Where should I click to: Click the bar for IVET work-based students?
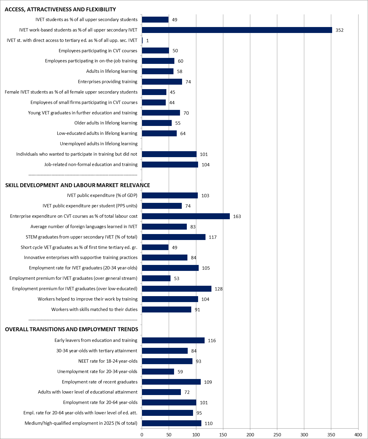pyautogui.click(x=237, y=30)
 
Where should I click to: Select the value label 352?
pyautogui.click(x=340, y=30)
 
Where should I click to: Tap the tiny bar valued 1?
pyautogui.click(x=142, y=40)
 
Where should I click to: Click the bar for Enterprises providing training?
pyautogui.click(x=162, y=82)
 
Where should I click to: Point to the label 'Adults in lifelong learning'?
pyautogui.click(x=112, y=71)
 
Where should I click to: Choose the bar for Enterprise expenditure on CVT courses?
pyautogui.click(x=186, y=216)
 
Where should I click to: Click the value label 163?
pyautogui.click(x=237, y=216)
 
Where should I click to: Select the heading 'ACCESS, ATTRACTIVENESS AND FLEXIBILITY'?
pyautogui.click(x=60, y=10)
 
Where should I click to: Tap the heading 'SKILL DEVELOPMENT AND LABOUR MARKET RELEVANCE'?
pyautogui.click(x=78, y=185)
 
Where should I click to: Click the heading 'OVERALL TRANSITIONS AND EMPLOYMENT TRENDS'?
pyautogui.click(x=71, y=329)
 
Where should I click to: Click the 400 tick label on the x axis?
pyautogui.click(x=358, y=435)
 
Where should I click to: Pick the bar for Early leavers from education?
pyautogui.click(x=173, y=340)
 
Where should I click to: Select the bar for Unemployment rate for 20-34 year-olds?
pyautogui.click(x=158, y=372)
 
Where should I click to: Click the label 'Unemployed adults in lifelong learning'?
pyautogui.click(x=99, y=144)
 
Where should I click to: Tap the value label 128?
pyautogui.click(x=219, y=289)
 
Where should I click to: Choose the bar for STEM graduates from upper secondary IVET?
pyautogui.click(x=173, y=237)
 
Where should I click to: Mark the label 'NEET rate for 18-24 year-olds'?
pyautogui.click(x=108, y=361)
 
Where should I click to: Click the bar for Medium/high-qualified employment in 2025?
pyautogui.click(x=171, y=423)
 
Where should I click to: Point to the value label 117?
pyautogui.click(x=213, y=237)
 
